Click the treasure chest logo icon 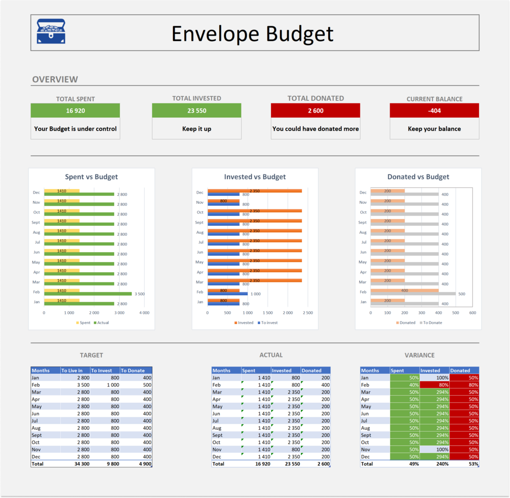coord(51,32)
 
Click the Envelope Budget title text coord(252,33)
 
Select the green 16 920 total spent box coord(75,111)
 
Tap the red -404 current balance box coord(434,111)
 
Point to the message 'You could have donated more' coord(316,129)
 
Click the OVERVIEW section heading coord(55,80)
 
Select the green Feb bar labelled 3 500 coord(88,294)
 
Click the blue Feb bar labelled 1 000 coord(227,294)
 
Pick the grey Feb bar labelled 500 coord(413,294)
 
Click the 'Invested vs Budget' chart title coord(255,177)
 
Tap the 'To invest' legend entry coord(269,323)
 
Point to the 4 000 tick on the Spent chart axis coord(144,313)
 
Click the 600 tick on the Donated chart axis coord(472,313)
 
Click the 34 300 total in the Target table coord(81,464)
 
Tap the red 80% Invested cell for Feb coord(434,385)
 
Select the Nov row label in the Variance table coord(365,449)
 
